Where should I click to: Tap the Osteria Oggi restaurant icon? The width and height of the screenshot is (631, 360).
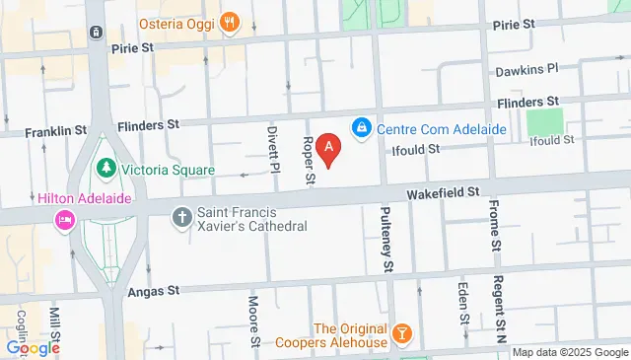(230, 22)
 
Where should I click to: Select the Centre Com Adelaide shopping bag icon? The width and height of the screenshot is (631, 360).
(362, 128)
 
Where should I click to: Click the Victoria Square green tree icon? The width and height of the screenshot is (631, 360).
(105, 169)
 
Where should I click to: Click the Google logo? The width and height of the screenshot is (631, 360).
(33, 347)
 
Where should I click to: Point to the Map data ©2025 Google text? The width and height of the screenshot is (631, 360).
(569, 353)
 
